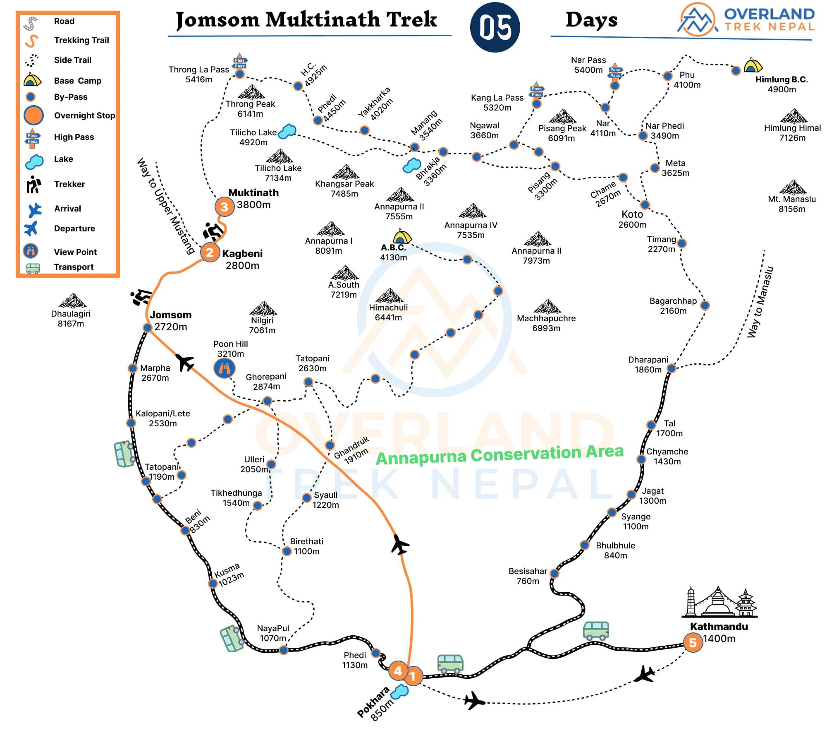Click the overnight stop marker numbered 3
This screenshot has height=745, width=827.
224,207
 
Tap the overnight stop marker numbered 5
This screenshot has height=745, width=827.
693,643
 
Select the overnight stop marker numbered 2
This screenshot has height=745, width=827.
210,252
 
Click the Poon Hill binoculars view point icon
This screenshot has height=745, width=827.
225,368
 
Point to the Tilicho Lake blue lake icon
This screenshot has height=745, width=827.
287,131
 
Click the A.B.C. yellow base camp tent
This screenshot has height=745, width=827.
402,237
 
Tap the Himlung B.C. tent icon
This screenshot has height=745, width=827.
753,65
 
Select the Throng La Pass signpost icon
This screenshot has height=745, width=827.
239,62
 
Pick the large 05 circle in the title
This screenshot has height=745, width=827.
495,27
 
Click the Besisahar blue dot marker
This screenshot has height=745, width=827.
554,573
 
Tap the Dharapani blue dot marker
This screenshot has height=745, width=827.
671,368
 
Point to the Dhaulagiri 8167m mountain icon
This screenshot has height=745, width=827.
73,301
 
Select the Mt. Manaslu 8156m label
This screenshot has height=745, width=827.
791,204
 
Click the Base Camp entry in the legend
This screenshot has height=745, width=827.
77,81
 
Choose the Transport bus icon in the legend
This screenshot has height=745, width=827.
33,268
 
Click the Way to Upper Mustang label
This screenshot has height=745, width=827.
165,206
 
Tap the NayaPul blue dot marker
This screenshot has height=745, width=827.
283,650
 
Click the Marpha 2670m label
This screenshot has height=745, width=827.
155,372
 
